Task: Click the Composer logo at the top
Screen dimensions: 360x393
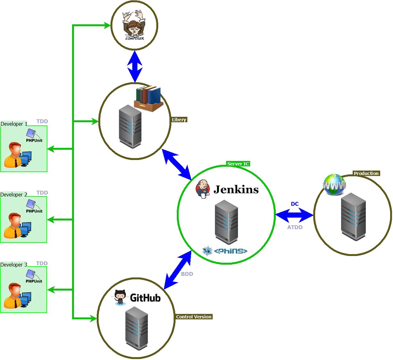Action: pos(134,26)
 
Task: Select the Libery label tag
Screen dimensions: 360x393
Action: pos(179,120)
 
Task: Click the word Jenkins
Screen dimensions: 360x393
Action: pos(236,189)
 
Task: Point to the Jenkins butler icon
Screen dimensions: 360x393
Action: pos(202,189)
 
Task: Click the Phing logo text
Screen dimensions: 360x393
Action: pos(231,251)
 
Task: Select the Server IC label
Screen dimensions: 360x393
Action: pos(238,164)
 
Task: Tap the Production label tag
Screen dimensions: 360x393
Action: pos(366,173)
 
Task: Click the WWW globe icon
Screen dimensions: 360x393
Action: pos(334,185)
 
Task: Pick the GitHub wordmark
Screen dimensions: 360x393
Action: pos(145,298)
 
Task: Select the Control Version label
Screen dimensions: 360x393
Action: pos(194,317)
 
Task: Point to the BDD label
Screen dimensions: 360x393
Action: pos(187,274)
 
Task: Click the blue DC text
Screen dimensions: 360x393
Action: pos(295,204)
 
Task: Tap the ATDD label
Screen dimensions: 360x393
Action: pos(295,227)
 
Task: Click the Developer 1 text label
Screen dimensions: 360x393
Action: pos(14,124)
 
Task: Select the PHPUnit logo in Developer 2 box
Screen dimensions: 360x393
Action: pos(33,206)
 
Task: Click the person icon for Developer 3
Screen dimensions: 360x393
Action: pos(13,295)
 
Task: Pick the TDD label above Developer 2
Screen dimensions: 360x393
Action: pos(42,193)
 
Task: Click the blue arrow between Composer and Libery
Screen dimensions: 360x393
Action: pos(135,67)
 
